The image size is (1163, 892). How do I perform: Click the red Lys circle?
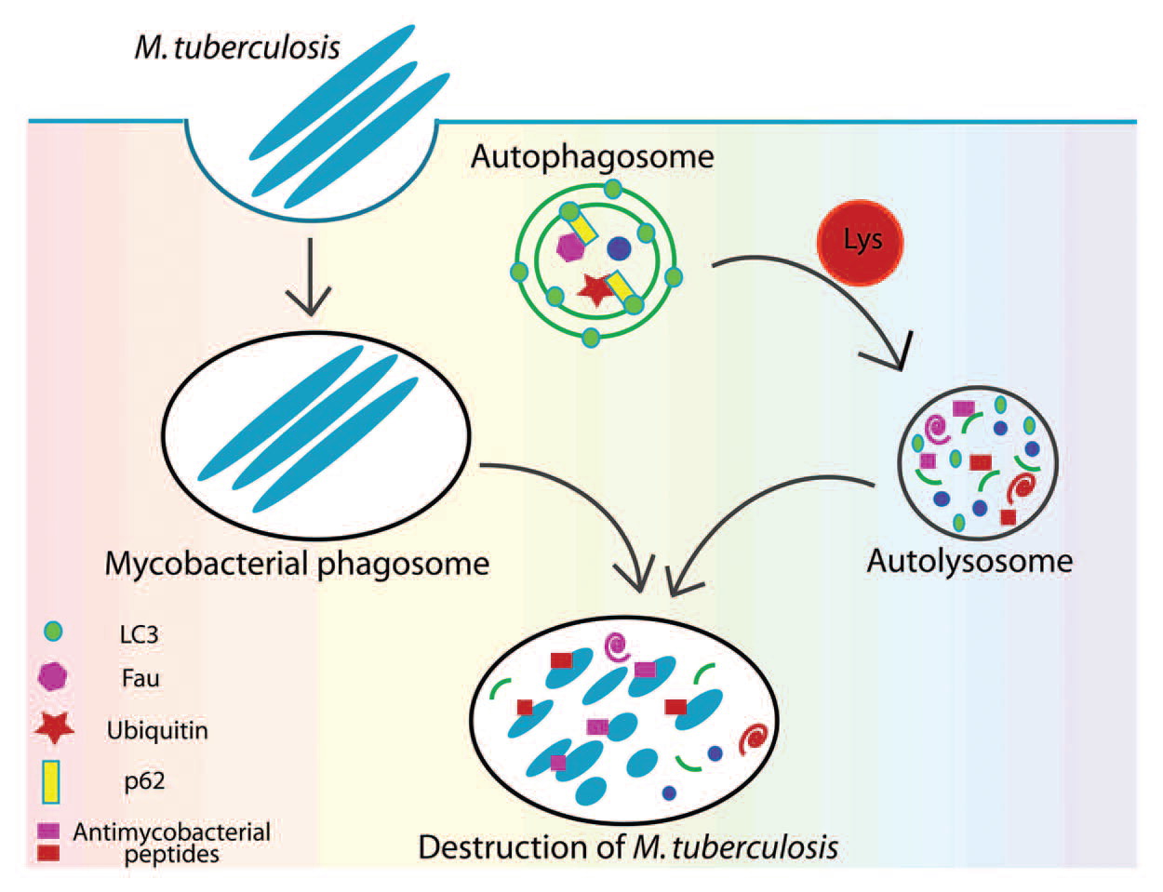pyautogui.click(x=861, y=242)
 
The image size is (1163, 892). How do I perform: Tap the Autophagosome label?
pyautogui.click(x=592, y=155)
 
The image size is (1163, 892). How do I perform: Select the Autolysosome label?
pyautogui.click(x=969, y=561)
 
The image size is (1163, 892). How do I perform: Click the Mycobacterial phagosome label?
pyautogui.click(x=297, y=564)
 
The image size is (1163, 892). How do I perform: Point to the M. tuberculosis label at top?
pyautogui.click(x=237, y=47)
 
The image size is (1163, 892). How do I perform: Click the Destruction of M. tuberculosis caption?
pyautogui.click(x=628, y=847)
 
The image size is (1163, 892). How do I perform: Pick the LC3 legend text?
pyautogui.click(x=140, y=635)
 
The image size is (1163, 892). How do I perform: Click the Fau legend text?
pyautogui.click(x=140, y=678)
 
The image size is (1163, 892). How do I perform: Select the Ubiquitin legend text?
pyautogui.click(x=157, y=730)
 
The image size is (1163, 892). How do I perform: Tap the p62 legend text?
pyautogui.click(x=144, y=780)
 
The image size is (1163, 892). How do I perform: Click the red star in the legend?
pyautogui.click(x=54, y=727)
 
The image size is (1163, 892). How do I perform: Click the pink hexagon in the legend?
pyautogui.click(x=53, y=676)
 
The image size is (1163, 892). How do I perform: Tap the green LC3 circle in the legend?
pyautogui.click(x=53, y=632)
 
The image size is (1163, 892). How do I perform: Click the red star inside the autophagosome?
pyautogui.click(x=595, y=290)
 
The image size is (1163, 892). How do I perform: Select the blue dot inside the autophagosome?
pyautogui.click(x=619, y=248)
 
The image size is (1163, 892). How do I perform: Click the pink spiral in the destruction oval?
pyautogui.click(x=616, y=646)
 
